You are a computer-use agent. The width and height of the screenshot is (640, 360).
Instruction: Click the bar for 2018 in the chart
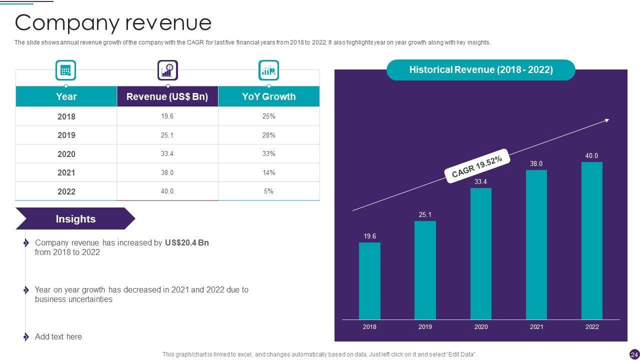[369, 280]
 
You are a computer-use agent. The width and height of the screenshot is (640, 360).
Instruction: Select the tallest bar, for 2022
[591, 240]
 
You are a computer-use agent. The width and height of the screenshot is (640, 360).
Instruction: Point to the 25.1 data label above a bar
[425, 215]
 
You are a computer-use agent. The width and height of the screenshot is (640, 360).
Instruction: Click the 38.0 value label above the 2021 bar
[536, 163]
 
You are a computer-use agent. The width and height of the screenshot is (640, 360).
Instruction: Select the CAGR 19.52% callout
[476, 166]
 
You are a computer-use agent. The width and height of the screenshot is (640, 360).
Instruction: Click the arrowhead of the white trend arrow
[607, 120]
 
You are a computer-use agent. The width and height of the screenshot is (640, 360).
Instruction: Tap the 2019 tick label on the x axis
[425, 327]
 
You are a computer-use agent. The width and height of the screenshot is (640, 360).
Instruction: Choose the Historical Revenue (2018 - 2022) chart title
[481, 70]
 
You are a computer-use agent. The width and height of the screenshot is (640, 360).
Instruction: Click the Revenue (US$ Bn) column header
[167, 96]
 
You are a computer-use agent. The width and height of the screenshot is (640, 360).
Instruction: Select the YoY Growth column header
[268, 96]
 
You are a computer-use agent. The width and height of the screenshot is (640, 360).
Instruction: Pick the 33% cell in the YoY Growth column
[268, 154]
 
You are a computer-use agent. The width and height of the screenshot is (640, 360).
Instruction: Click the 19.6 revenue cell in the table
[167, 116]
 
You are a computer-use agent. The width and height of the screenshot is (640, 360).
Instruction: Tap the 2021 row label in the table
[66, 173]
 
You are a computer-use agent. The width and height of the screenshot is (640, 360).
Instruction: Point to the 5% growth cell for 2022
[268, 191]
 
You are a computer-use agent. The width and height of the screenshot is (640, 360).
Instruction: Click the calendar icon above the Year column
[65, 70]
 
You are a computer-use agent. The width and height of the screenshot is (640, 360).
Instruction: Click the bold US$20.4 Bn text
[186, 243]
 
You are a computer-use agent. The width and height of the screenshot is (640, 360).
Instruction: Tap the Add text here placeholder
[58, 337]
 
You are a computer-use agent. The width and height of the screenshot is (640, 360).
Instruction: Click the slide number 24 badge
[634, 354]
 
